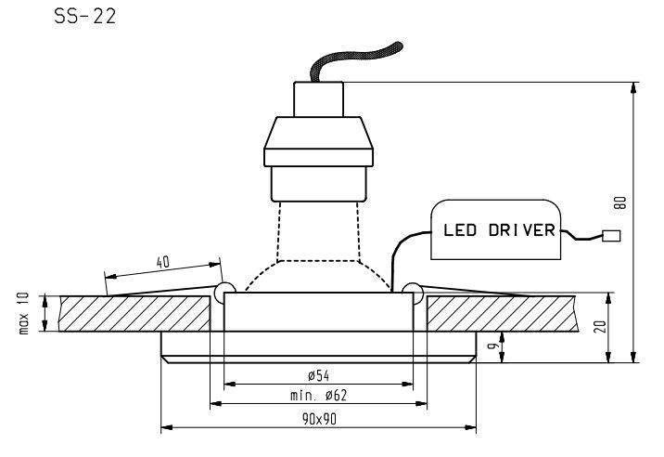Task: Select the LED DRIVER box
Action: [495, 229]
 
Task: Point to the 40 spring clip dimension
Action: [162, 262]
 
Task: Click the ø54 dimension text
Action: [319, 375]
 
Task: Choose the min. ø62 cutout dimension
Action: [319, 396]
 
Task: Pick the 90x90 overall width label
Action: [319, 420]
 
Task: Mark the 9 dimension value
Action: [492, 347]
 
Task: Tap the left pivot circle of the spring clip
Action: [223, 293]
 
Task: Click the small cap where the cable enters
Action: [318, 97]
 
